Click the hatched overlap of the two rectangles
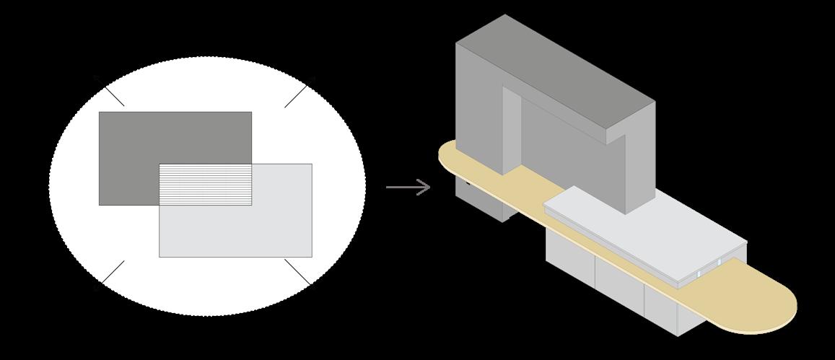click(x=206, y=185)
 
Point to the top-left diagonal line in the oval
click(x=110, y=92)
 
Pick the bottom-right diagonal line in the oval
click(x=298, y=272)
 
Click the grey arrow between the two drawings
click(x=408, y=188)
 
